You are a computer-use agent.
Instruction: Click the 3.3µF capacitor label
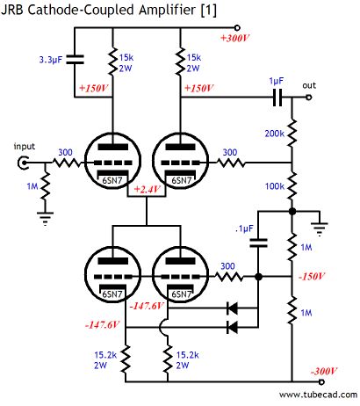point(51,60)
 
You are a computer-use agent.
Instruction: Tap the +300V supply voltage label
point(234,39)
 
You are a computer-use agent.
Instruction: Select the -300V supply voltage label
point(324,372)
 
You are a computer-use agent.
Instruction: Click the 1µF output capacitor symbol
point(277,98)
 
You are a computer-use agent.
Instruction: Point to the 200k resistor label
point(275,134)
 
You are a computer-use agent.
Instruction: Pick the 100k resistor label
point(275,186)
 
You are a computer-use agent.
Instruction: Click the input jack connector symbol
point(23,163)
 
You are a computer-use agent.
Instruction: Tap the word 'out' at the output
point(309,85)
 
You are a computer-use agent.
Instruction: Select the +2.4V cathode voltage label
point(148,189)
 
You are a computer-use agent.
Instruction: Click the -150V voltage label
point(312,276)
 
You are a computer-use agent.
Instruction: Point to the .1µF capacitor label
point(244,228)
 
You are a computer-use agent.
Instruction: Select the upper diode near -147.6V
point(233,308)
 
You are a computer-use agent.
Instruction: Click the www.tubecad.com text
point(318,395)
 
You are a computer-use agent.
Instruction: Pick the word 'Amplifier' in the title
point(168,10)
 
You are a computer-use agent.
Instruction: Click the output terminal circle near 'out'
point(308,98)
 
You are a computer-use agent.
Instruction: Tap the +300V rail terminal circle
point(237,28)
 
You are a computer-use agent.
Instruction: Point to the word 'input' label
point(25,147)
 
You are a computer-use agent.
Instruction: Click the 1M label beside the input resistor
point(32,186)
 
